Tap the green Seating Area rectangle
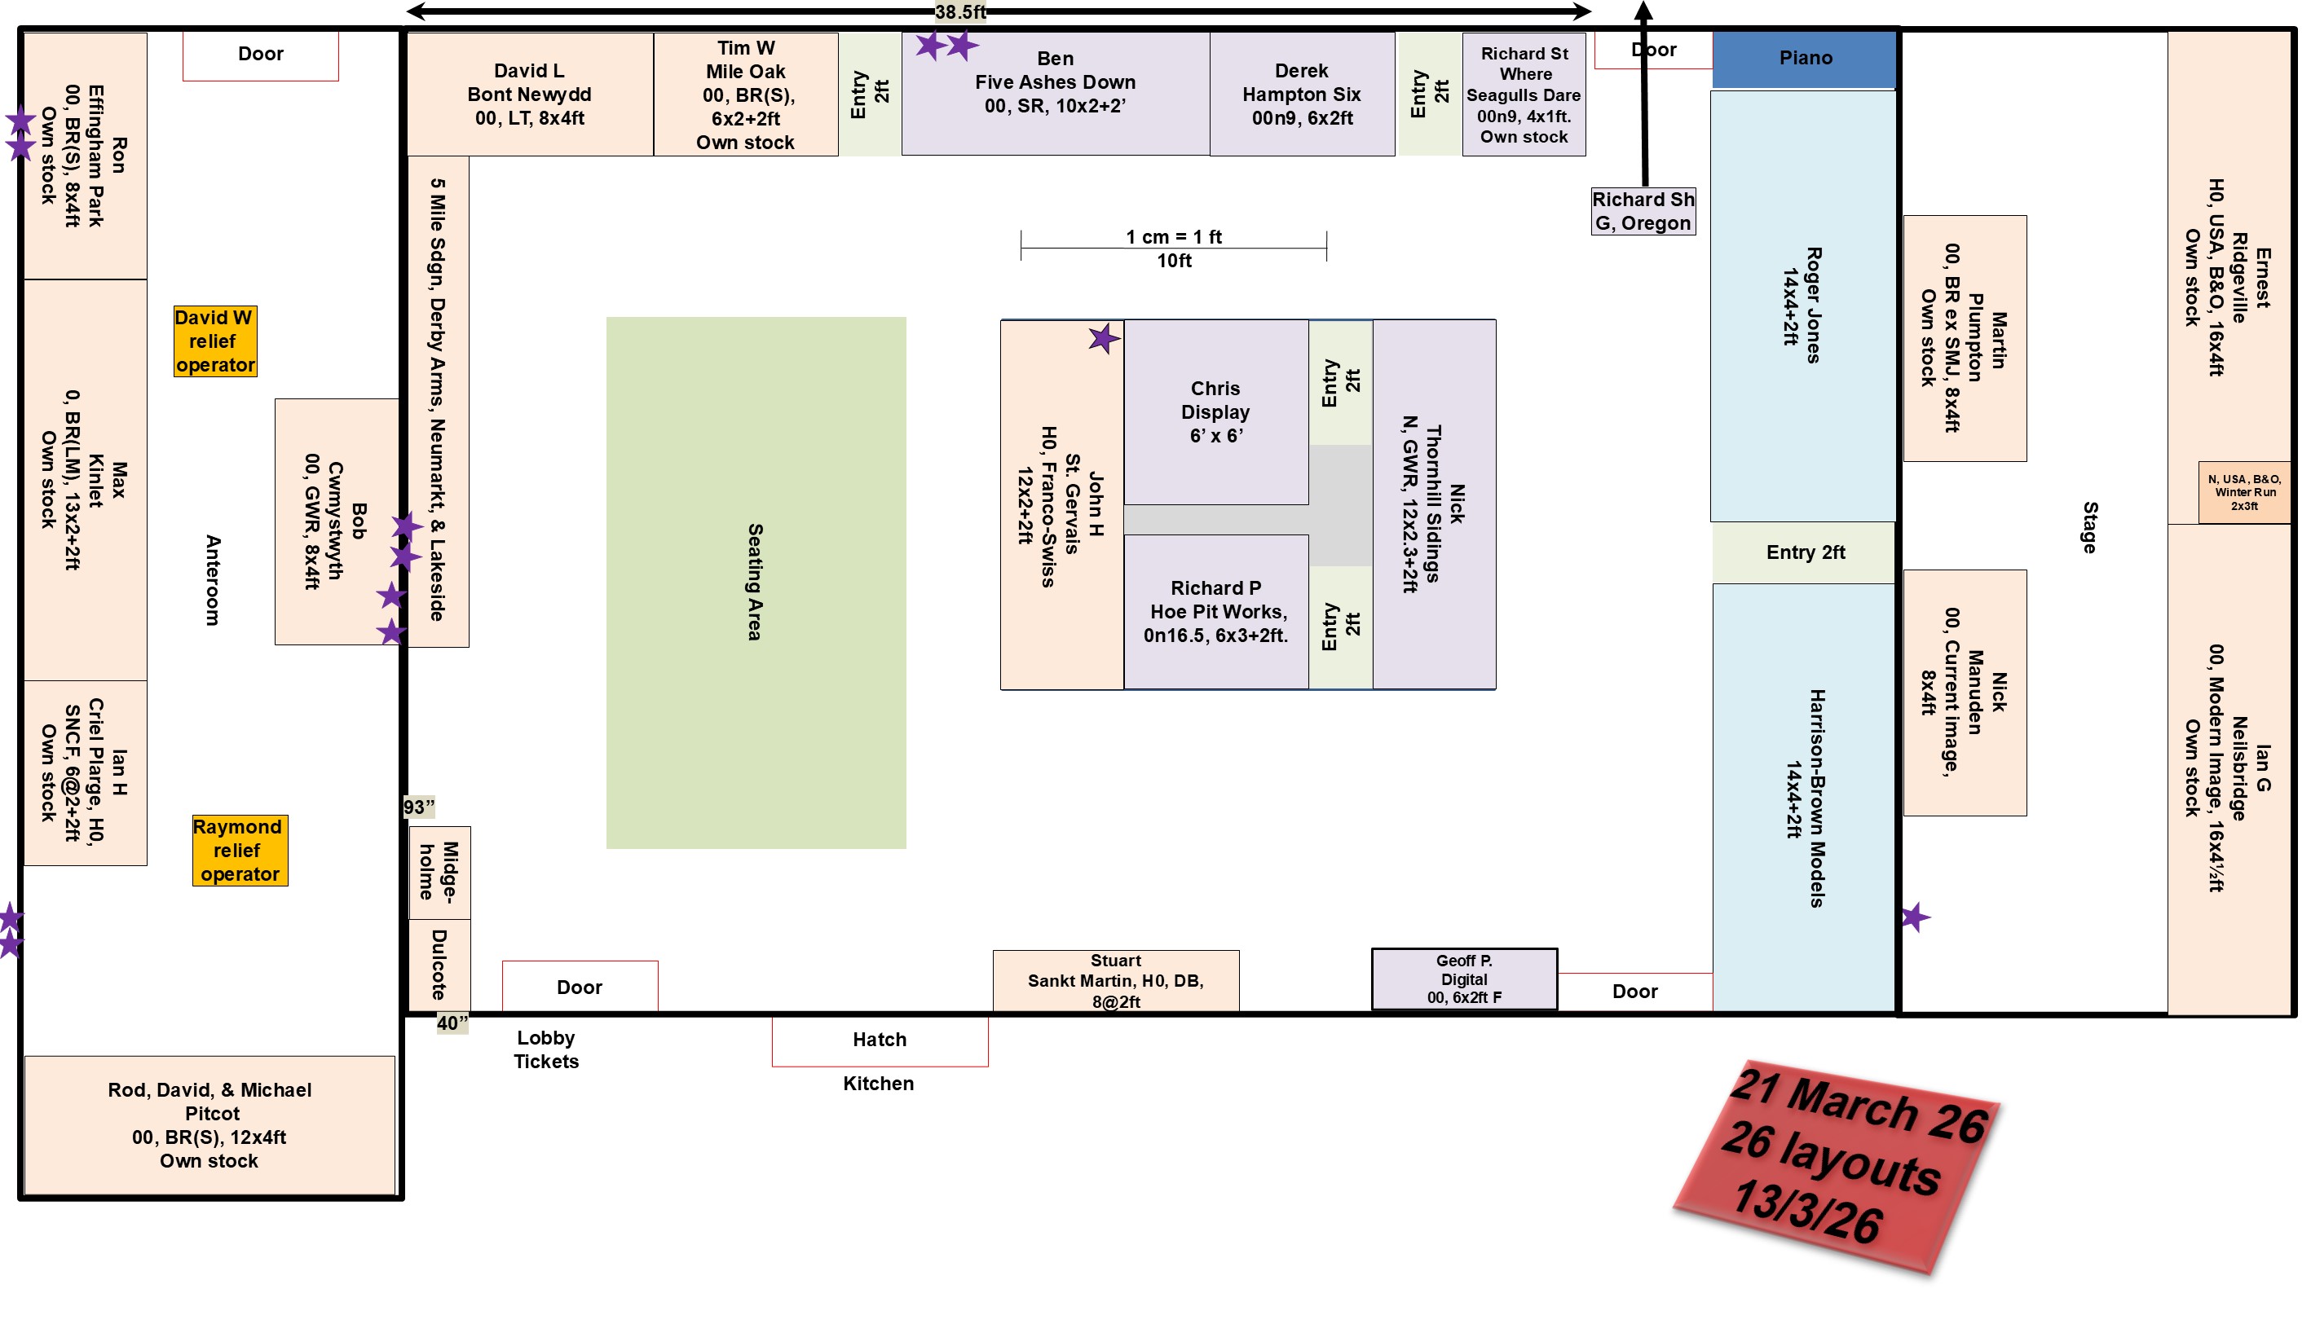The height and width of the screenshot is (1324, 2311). pyautogui.click(x=756, y=582)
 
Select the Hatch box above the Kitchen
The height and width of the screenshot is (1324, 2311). pyautogui.click(x=880, y=1040)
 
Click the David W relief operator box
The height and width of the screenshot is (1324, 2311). pyautogui.click(x=214, y=341)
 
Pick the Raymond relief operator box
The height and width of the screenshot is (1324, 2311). pyautogui.click(x=239, y=851)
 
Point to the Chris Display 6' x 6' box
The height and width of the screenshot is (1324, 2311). pyautogui.click(x=1215, y=412)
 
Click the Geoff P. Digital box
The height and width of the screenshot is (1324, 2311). pyautogui.click(x=1463, y=979)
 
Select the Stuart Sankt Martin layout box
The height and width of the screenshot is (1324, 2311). pyautogui.click(x=1115, y=980)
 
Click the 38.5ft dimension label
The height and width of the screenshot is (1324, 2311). pyautogui.click(x=960, y=12)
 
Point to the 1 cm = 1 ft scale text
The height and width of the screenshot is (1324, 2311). pyautogui.click(x=1173, y=236)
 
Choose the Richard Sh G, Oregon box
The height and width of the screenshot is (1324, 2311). pyautogui.click(x=1643, y=212)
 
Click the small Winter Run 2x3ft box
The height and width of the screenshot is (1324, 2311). pyautogui.click(x=2243, y=492)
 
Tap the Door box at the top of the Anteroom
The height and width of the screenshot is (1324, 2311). pyautogui.click(x=260, y=55)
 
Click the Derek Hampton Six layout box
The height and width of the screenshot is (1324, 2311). pyautogui.click(x=1302, y=95)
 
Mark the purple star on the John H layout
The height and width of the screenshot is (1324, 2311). pyautogui.click(x=1103, y=339)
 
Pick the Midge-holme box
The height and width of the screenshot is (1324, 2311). pyautogui.click(x=439, y=871)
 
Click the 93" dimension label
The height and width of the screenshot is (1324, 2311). pyautogui.click(x=419, y=807)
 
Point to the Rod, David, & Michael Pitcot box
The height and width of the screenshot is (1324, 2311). pyautogui.click(x=209, y=1125)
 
